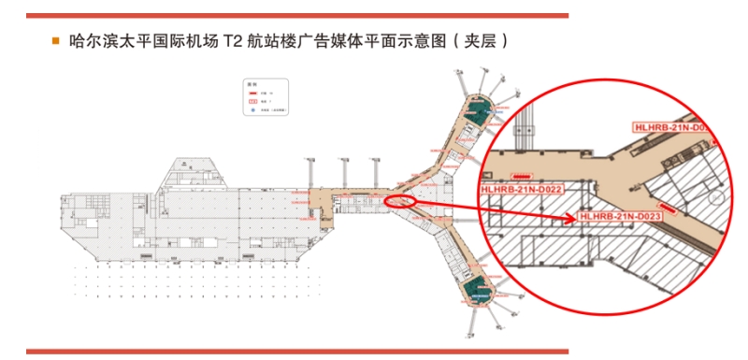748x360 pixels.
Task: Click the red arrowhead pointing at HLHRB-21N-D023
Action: click(x=572, y=220)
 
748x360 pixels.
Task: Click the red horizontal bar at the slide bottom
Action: click(x=295, y=351)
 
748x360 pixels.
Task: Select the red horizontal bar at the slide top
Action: click(x=295, y=15)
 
